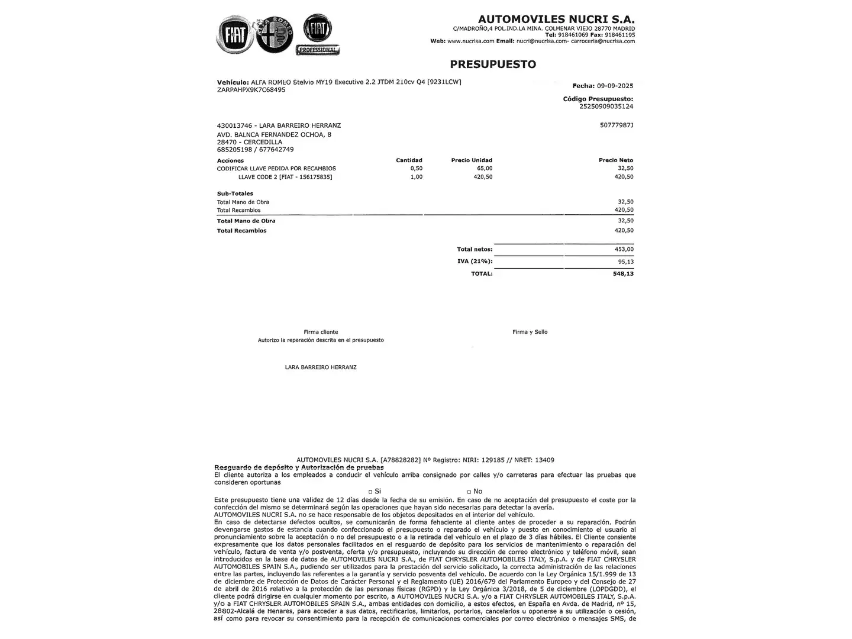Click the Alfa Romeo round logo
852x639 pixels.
(x=275, y=35)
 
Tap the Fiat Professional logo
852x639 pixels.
(x=318, y=35)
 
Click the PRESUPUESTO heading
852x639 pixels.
(x=493, y=64)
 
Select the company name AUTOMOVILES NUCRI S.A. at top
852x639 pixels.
(x=556, y=19)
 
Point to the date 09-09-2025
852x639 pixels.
(x=615, y=86)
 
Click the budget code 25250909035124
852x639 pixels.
(x=606, y=106)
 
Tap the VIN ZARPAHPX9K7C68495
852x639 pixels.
(x=251, y=90)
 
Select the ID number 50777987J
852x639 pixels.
(x=616, y=125)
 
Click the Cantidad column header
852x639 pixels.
(x=409, y=160)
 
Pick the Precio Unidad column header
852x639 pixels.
(x=472, y=160)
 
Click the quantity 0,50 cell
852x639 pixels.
(x=416, y=169)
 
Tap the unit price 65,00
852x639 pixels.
(x=485, y=169)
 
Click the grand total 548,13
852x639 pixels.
(x=623, y=274)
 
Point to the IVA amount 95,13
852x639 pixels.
(x=625, y=262)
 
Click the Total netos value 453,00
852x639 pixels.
(x=624, y=250)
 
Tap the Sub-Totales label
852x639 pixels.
(x=235, y=193)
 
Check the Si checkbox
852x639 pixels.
(x=370, y=492)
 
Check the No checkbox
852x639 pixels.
(x=469, y=492)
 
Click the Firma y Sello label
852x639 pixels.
(x=530, y=332)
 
